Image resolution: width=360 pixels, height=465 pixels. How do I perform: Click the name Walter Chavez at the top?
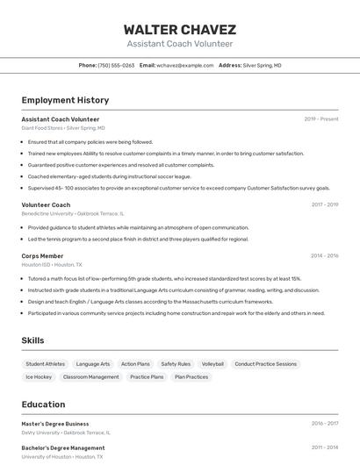point(179,29)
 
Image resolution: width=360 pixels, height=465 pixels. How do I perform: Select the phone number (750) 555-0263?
point(116,65)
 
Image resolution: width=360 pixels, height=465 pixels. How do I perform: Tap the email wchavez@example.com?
point(184,65)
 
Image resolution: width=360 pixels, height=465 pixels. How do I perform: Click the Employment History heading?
point(65,100)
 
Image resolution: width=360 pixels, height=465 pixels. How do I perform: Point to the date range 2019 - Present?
point(320,119)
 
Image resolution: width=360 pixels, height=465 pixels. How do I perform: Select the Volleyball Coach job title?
point(46,204)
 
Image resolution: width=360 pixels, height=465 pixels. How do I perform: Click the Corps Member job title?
point(42,255)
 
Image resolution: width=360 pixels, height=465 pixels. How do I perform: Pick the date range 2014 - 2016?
point(324,255)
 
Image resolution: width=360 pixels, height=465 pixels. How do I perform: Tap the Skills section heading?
point(33,340)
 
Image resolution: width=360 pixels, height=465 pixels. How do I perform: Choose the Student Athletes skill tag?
point(45,363)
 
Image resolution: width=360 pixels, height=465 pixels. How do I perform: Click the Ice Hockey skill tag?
point(39,376)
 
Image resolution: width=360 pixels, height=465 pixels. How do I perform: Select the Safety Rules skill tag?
point(176,363)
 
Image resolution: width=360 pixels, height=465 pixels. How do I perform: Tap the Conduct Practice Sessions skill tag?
point(265,363)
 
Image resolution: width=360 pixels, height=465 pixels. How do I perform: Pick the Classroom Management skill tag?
point(90,376)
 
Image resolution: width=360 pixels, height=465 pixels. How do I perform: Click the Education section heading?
point(43,404)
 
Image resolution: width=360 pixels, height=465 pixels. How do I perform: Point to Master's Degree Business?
point(55,424)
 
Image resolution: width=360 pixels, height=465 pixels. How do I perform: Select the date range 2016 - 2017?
point(324,424)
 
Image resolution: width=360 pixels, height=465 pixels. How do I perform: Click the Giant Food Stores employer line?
point(63,128)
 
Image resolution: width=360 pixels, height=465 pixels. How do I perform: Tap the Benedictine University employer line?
point(73,213)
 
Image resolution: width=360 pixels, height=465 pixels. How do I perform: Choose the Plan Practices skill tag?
point(191,376)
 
